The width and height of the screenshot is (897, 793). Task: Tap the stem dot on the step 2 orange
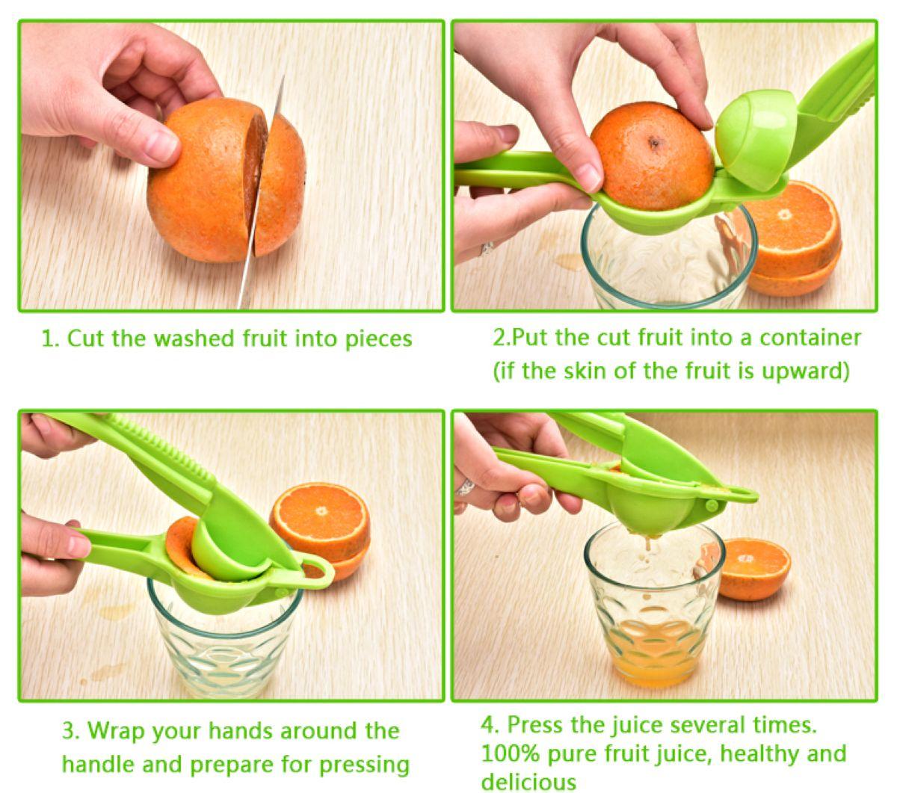click(655, 141)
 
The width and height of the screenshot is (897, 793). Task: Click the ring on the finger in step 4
click(466, 487)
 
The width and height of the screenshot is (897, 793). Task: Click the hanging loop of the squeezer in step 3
click(318, 573)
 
